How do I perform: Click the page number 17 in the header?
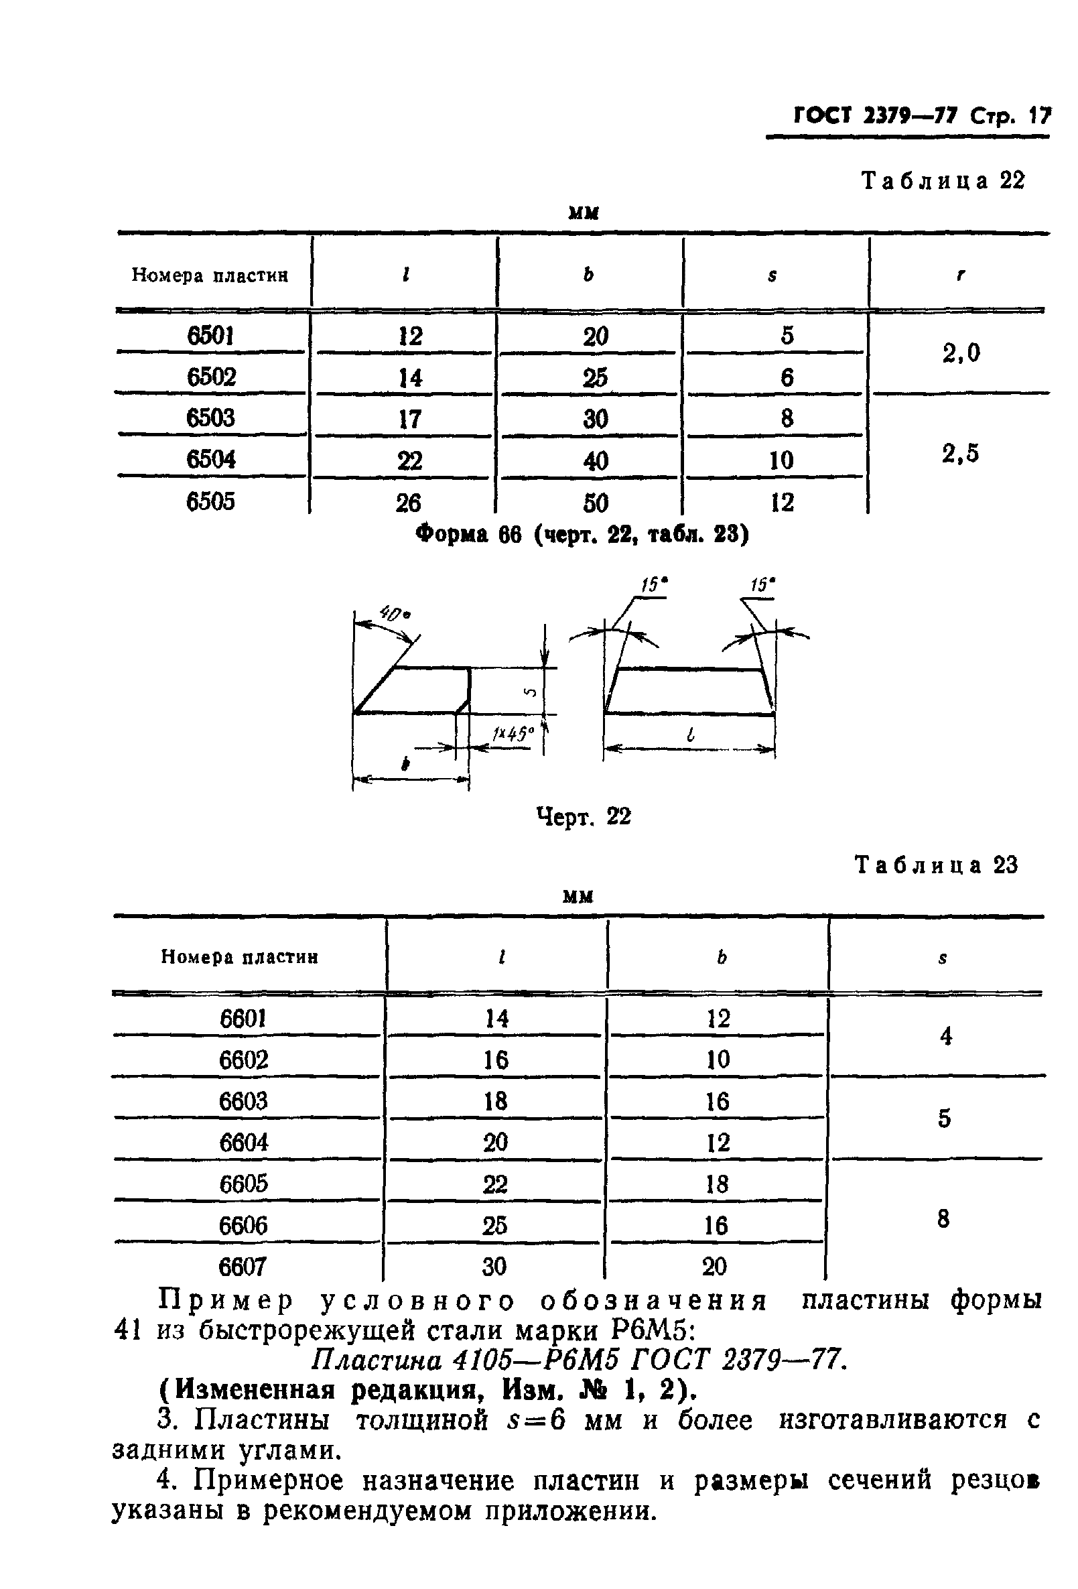[1039, 115]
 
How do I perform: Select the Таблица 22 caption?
[943, 180]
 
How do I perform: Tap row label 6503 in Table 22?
[210, 418]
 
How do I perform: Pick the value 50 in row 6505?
[595, 503]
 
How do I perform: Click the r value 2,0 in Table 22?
[961, 353]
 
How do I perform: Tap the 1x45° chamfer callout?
[511, 734]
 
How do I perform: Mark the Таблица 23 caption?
[937, 865]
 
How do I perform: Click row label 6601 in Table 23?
[243, 1019]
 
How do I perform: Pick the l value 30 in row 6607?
[494, 1267]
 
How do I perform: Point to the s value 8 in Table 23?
[943, 1218]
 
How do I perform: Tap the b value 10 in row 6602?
[718, 1060]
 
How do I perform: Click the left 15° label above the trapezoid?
[654, 584]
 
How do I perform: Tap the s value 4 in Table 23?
[945, 1037]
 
